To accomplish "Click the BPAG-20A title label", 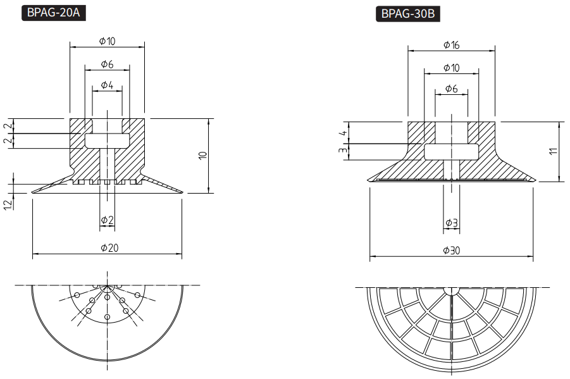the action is pos(53,13).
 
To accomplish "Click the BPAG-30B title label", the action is pos(408,14).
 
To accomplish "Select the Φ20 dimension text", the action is pos(109,247).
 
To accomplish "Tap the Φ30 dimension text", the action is pos(452,251).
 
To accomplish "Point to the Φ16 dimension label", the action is pos(452,45).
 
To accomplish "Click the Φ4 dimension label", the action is pos(107,85).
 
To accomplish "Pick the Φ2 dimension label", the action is pos(108,220).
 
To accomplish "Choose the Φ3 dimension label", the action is pos(452,223).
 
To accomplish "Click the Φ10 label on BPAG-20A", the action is pos(108,41).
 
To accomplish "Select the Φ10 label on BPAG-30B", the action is pos(452,68).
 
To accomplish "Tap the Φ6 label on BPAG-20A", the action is pos(108,65).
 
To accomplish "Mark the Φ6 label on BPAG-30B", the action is pos(452,89).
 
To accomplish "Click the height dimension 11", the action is pos(553,151).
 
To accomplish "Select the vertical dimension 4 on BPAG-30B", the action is pos(343,133).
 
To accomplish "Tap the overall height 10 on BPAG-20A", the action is pos(203,155).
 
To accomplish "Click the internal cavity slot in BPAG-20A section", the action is pos(108,140).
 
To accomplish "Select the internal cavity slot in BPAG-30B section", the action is pos(452,152).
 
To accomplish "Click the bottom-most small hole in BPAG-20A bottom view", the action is pos(107,317).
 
